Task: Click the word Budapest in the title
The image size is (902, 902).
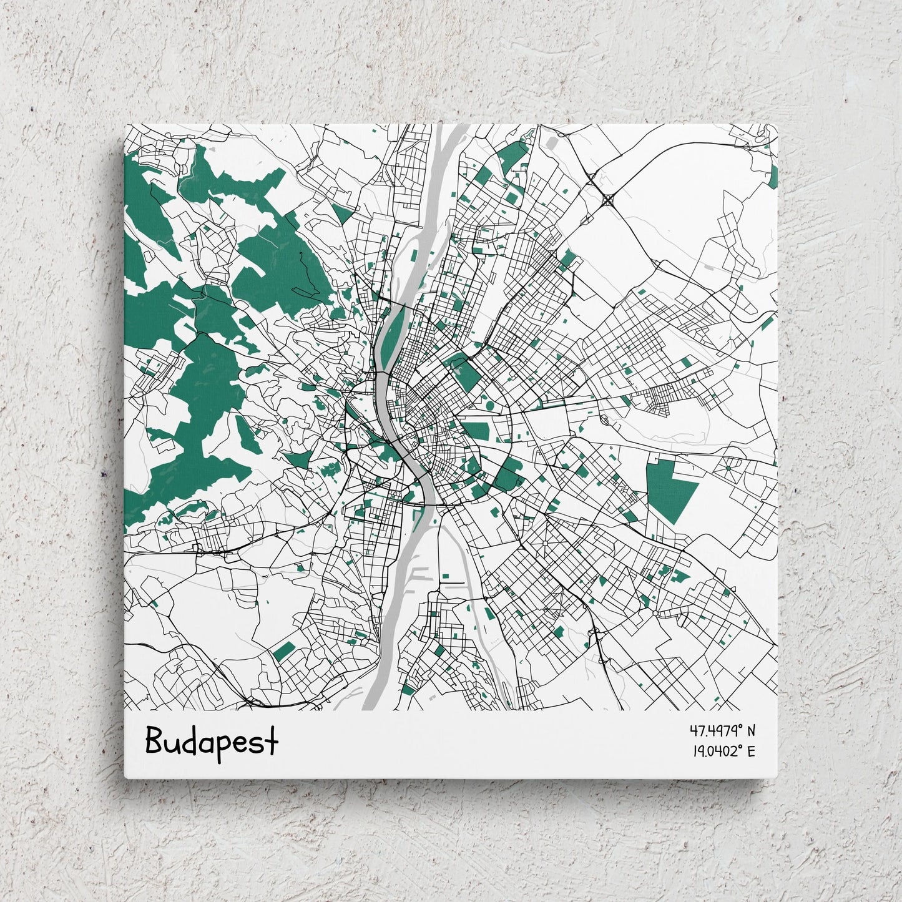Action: click(212, 742)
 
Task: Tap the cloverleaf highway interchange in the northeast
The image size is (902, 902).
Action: click(609, 200)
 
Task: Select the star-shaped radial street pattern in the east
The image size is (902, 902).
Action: click(727, 466)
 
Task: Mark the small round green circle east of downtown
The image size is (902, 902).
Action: click(489, 406)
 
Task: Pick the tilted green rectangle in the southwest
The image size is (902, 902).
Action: click(283, 651)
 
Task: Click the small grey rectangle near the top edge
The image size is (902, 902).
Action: click(552, 143)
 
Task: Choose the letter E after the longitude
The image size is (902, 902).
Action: click(751, 751)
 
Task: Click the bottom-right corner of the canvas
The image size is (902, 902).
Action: click(777, 778)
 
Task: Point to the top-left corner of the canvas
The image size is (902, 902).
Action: click(125, 125)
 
